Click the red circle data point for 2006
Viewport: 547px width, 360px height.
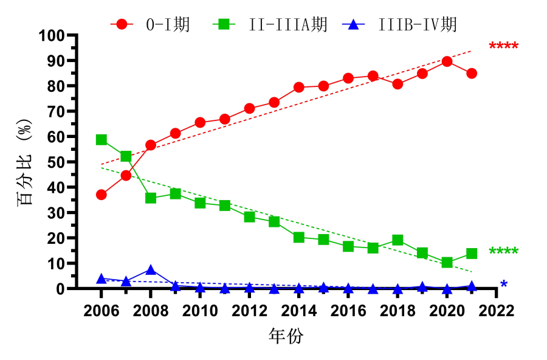point(101,195)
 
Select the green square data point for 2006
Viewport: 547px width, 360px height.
point(101,140)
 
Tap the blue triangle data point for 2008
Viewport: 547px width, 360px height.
point(151,269)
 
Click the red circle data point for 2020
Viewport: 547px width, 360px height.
point(447,61)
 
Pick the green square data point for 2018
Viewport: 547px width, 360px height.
point(397,240)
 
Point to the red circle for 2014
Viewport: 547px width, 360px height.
point(299,87)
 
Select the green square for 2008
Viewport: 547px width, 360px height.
point(151,198)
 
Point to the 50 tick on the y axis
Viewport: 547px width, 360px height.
point(56,162)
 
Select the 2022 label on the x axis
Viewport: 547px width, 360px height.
point(496,311)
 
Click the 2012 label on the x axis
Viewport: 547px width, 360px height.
point(249,311)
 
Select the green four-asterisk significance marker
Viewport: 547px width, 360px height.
point(503,252)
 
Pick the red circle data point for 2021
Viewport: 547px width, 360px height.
point(471,74)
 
